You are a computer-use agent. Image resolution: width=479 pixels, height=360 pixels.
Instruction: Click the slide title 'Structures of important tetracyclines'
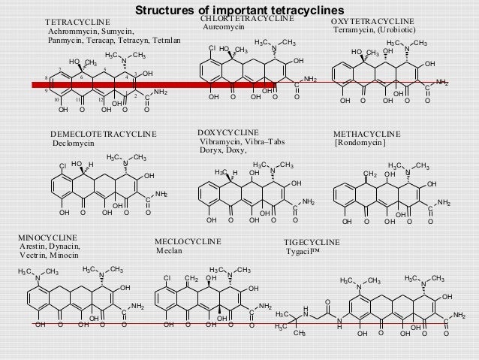click(239, 10)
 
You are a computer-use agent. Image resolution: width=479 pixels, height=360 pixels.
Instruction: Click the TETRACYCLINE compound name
click(78, 23)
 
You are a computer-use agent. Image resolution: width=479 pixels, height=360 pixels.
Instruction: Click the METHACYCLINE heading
click(366, 134)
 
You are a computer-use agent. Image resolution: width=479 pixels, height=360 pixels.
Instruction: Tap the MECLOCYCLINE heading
click(187, 242)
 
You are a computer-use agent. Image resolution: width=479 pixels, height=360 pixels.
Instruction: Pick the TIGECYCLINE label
click(312, 242)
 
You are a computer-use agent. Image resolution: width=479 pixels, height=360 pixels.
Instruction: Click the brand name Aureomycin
click(224, 27)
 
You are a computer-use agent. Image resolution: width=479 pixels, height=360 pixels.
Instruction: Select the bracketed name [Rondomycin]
click(360, 143)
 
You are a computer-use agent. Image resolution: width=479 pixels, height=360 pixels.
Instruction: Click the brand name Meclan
click(168, 251)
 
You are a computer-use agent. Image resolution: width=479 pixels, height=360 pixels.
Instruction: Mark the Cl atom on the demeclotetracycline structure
click(64, 164)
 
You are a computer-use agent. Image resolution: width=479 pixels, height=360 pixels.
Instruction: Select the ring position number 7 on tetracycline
click(59, 70)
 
